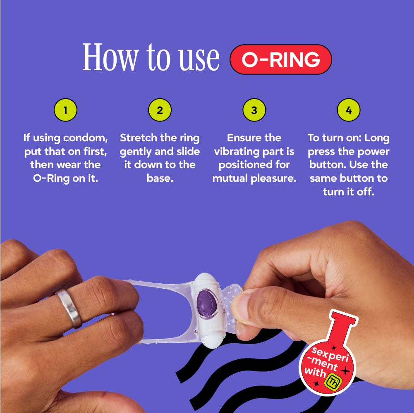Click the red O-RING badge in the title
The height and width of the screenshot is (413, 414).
point(281,59)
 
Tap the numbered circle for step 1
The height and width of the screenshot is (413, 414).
point(65,110)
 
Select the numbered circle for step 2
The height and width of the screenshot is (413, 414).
point(160,110)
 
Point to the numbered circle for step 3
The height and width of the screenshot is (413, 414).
point(254,110)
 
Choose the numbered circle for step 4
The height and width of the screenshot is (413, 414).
point(349,110)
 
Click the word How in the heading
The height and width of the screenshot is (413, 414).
point(110,57)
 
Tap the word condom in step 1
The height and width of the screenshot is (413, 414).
point(85,138)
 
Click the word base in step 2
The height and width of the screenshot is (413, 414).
point(160,178)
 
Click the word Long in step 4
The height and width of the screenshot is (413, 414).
point(378,138)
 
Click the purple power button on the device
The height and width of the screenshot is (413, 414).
point(207,303)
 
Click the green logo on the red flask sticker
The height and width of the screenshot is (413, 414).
point(333,382)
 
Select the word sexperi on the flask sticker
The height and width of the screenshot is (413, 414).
point(330,354)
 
